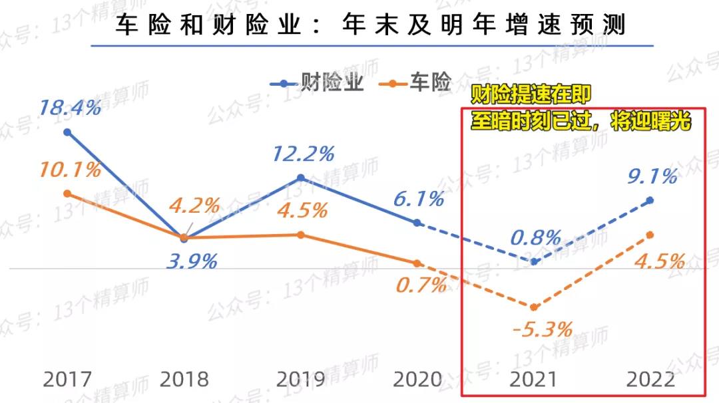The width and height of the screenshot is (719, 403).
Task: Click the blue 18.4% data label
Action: (x=70, y=106)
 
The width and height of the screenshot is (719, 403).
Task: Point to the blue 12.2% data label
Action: (x=303, y=154)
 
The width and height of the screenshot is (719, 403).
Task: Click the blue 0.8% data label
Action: (x=537, y=237)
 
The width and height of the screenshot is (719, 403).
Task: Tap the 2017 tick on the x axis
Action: (x=67, y=380)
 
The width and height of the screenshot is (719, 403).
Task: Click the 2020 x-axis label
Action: (x=417, y=380)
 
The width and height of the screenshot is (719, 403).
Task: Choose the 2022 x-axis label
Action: (x=650, y=380)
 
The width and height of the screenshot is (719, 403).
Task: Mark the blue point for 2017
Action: (x=67, y=132)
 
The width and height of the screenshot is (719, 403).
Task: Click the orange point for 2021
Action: (x=534, y=307)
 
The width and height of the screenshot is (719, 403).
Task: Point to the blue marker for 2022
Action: (x=650, y=200)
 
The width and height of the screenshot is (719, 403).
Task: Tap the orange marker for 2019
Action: (x=301, y=235)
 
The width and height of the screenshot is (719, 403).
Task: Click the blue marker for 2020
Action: (x=417, y=223)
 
